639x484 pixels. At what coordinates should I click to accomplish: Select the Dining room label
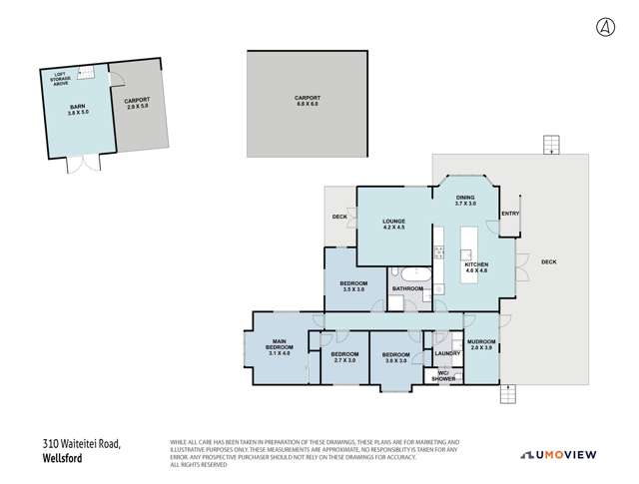coord(465,200)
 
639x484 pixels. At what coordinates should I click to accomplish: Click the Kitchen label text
coord(477,266)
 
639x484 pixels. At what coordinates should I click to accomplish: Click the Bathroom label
coord(406,289)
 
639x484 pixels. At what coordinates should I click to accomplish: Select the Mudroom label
coord(481,344)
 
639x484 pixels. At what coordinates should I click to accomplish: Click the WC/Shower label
coord(444,376)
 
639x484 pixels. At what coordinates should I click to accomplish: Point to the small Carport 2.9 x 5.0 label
coord(137,103)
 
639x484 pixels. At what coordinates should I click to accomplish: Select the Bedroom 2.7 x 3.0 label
coord(344,357)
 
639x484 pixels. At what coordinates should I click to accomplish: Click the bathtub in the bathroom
coord(410,274)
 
